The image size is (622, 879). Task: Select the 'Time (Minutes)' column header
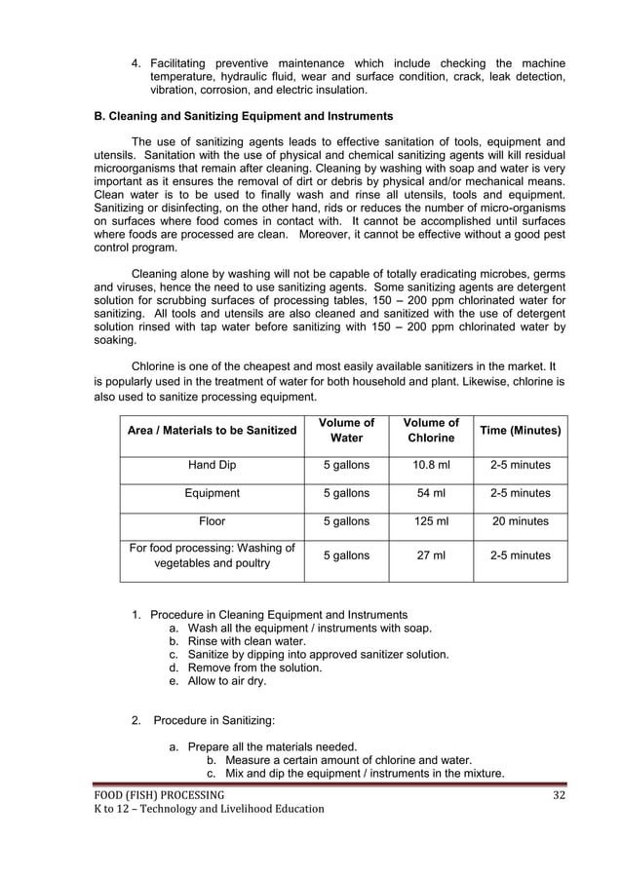(x=520, y=430)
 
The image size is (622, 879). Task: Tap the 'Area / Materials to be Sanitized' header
(x=212, y=430)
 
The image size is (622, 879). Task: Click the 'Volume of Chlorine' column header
(x=431, y=430)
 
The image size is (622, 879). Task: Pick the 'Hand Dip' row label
(x=212, y=465)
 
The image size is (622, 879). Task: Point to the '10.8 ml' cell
(x=431, y=465)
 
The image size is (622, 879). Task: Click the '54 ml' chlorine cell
(x=431, y=493)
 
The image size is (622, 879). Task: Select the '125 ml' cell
(x=431, y=521)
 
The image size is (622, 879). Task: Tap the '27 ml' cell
(x=431, y=555)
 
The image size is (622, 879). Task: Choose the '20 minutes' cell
(x=520, y=521)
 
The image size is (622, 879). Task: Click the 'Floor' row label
(x=212, y=521)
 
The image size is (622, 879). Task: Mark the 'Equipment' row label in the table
(x=212, y=493)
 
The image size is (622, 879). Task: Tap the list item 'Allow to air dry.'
(x=226, y=681)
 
